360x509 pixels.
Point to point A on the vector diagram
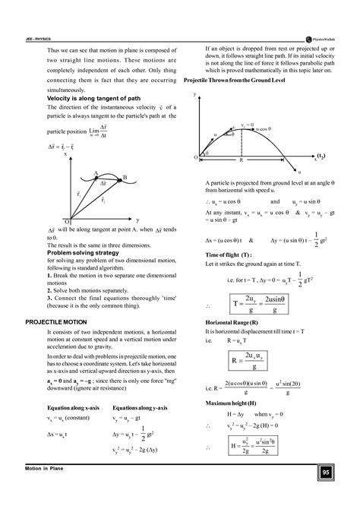96,172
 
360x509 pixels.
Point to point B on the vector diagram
125,177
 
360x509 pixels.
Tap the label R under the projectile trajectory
241,160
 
